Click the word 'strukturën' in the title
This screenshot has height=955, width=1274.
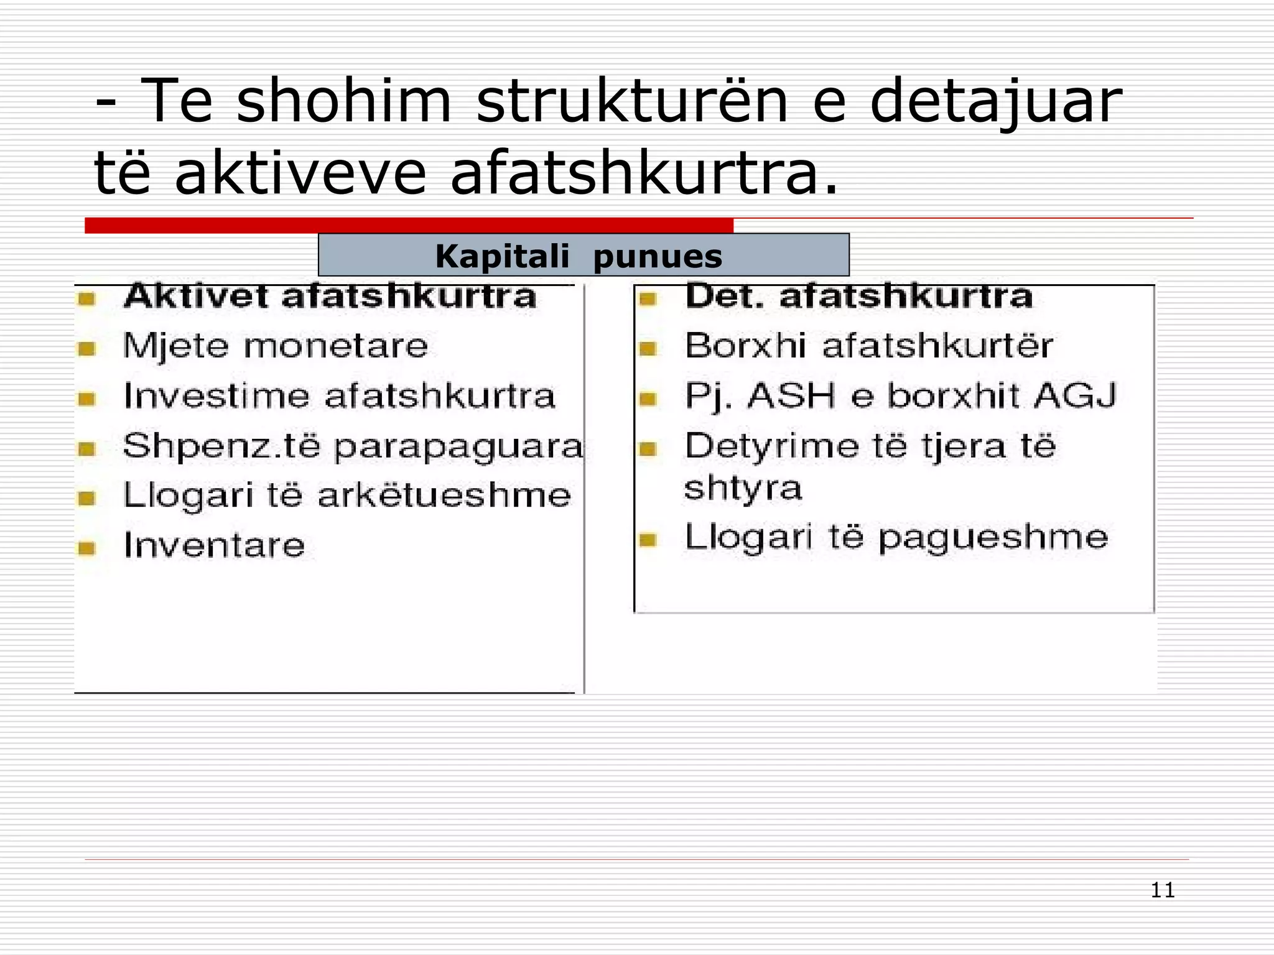(x=632, y=101)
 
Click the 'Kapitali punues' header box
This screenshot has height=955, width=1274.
(x=583, y=256)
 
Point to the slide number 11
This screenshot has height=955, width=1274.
(x=1162, y=890)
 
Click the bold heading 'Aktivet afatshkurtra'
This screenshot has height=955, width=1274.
(x=330, y=297)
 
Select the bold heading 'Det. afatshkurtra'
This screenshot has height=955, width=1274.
(x=858, y=297)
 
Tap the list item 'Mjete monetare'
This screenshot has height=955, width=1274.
(x=276, y=346)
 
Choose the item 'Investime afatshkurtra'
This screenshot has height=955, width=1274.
(x=339, y=396)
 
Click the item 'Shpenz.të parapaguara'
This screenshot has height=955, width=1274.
(x=353, y=446)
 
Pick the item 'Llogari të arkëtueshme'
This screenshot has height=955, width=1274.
(x=346, y=496)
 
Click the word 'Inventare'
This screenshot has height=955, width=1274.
(x=214, y=545)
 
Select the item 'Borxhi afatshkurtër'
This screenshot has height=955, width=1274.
(x=868, y=346)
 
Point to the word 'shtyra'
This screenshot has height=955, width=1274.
(x=743, y=488)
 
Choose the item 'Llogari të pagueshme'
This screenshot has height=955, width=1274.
(x=896, y=537)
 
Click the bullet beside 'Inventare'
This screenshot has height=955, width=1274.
(x=86, y=548)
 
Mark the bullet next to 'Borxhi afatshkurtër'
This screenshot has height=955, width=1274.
(x=648, y=349)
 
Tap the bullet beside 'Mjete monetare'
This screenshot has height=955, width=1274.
(x=86, y=349)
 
